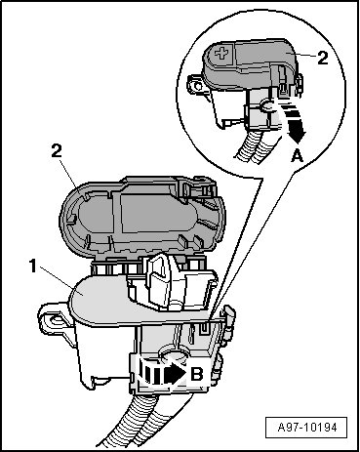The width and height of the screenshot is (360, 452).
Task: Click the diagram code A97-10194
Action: (306, 428)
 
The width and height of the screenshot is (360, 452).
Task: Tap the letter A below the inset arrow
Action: (297, 156)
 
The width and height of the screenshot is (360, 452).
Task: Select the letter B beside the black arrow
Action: (196, 375)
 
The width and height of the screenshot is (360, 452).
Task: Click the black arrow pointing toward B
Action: (162, 375)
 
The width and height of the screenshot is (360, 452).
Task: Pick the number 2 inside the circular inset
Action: (322, 59)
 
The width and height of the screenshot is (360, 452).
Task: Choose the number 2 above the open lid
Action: (57, 151)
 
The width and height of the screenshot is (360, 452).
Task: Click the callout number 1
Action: (33, 266)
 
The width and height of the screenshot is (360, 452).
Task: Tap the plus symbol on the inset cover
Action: (221, 53)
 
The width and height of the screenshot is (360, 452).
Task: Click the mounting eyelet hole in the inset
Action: (196, 86)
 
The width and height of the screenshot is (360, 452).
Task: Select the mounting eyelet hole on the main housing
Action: (56, 320)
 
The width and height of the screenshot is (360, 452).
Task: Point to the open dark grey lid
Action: (142, 217)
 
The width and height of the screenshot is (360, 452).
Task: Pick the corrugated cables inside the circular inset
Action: (257, 144)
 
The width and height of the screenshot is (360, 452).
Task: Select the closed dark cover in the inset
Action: (250, 64)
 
